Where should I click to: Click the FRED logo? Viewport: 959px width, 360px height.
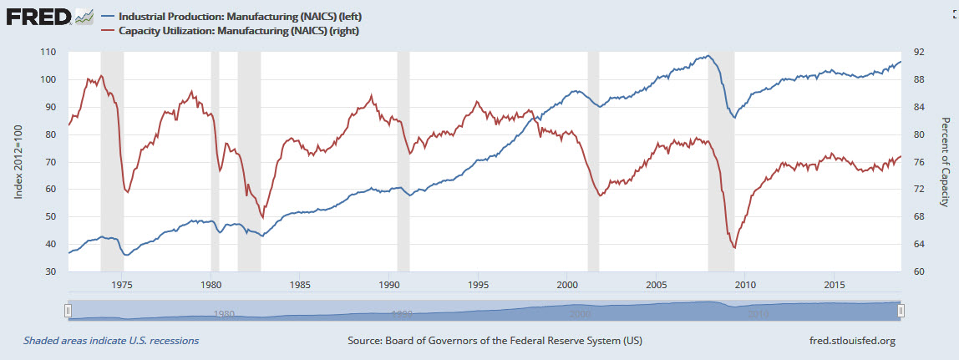38,16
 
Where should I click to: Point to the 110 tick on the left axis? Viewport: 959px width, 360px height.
48,52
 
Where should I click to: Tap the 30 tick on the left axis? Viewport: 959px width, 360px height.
50,271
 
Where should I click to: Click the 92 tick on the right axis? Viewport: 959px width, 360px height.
917,52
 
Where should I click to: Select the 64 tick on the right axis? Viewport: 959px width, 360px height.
917,244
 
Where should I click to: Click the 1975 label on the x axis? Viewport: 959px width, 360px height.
122,284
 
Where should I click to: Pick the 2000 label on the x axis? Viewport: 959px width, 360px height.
567,284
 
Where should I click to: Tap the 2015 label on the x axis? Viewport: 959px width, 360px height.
835,284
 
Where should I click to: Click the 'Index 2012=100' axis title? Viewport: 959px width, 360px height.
18,162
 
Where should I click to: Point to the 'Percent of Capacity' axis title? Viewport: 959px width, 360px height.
946,162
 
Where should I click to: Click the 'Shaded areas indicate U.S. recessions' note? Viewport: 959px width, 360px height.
111,341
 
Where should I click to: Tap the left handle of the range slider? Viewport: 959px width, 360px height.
67,311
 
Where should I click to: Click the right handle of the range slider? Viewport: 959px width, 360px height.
901,311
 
